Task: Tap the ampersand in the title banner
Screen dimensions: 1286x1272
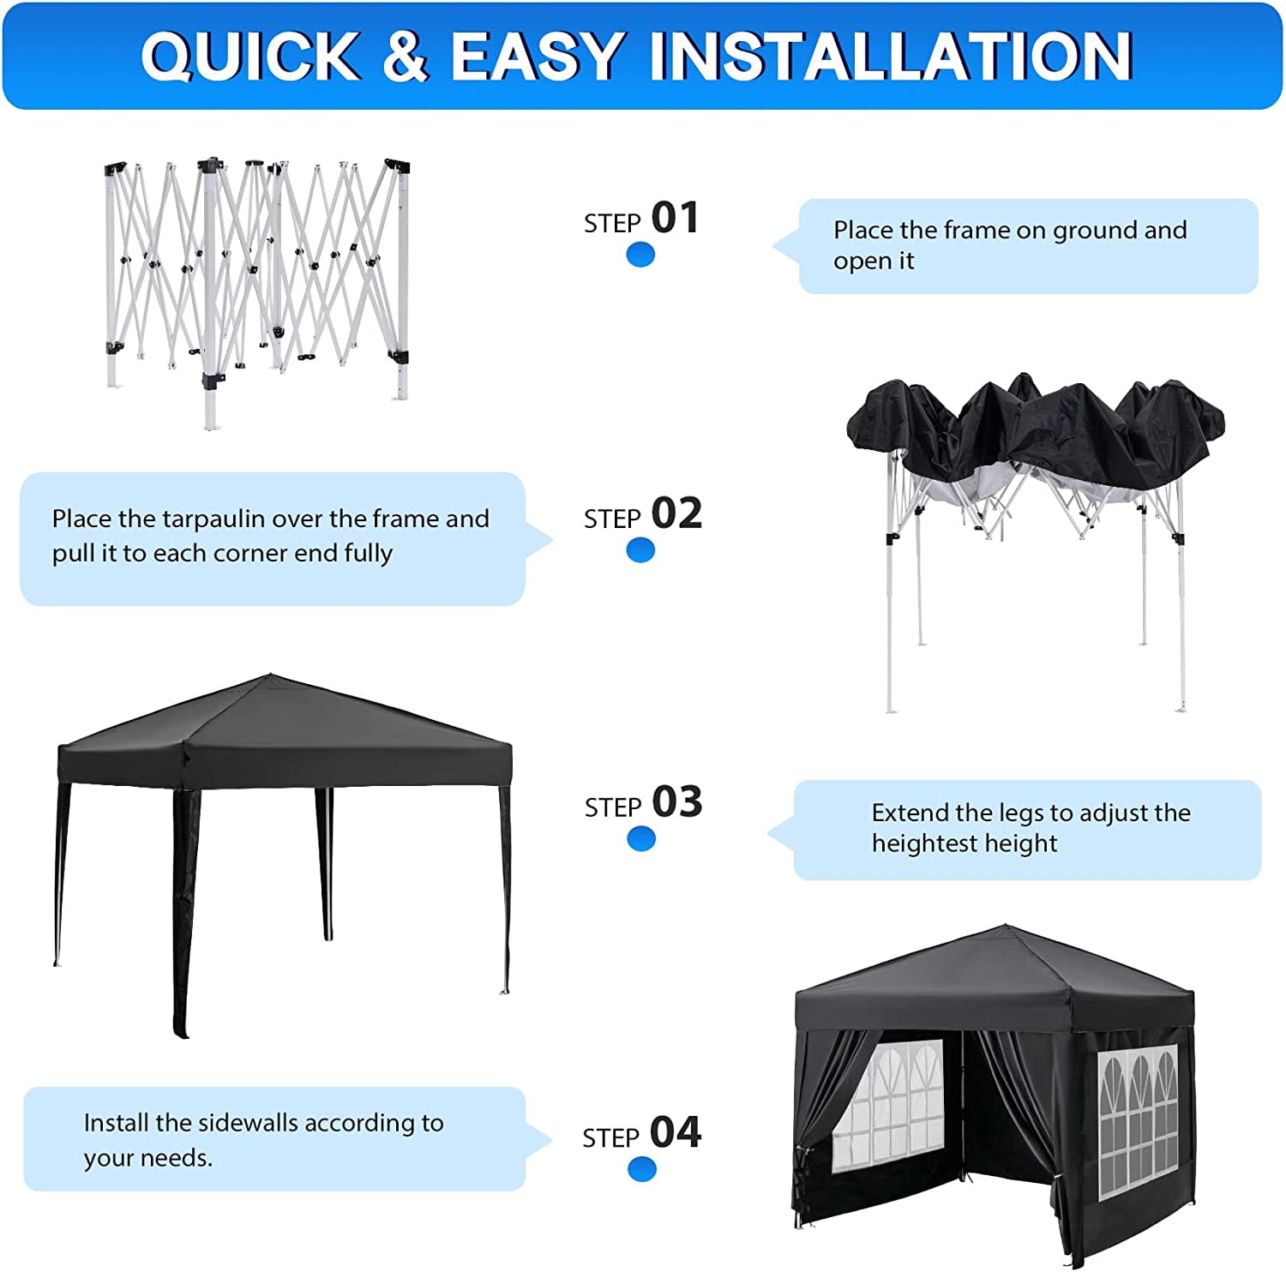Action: pos(404,57)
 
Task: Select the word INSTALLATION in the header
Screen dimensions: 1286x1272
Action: pos(891,57)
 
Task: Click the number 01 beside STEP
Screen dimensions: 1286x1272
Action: pos(675,218)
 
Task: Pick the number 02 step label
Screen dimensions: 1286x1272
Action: pos(676,513)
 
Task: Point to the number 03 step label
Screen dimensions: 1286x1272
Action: pos(676,802)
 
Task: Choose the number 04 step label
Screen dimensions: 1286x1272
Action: pos(675,1132)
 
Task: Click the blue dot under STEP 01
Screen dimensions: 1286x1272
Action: pos(640,255)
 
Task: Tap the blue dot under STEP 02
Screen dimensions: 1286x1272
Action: pos(640,550)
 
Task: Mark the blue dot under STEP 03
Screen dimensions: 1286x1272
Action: pos(641,838)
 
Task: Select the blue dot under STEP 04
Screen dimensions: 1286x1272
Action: pos(641,1168)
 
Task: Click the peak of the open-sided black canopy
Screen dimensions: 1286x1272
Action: pos(268,675)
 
